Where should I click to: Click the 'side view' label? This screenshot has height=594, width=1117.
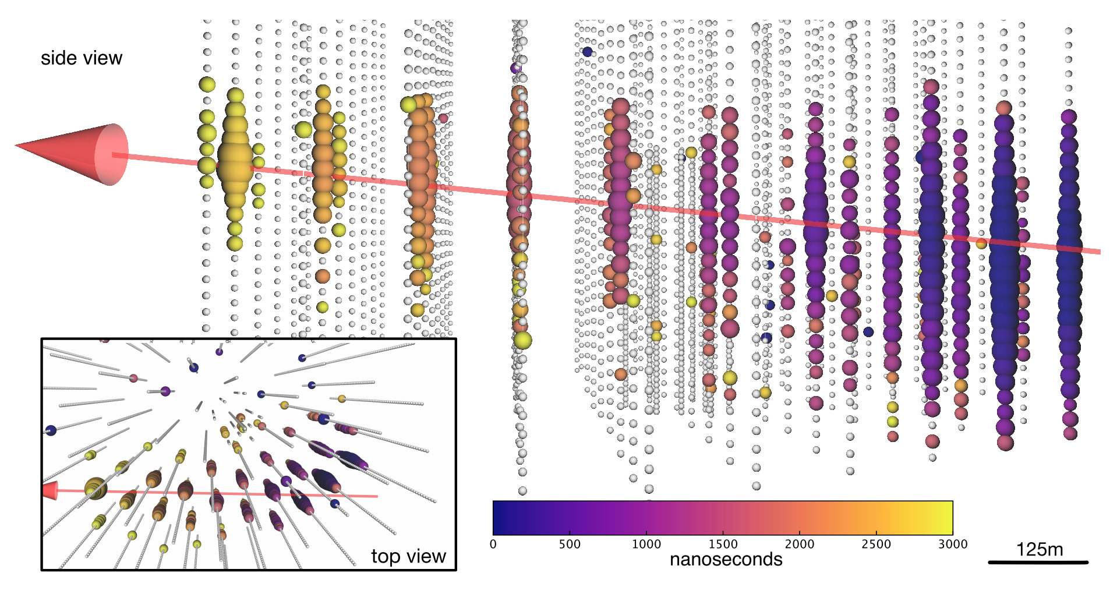coord(82,58)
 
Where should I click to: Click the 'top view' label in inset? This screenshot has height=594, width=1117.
coord(408,556)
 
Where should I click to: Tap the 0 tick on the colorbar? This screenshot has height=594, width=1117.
coord(493,544)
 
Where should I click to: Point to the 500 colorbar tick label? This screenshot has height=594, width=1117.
coord(570,544)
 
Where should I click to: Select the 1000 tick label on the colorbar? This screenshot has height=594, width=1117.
coord(646,544)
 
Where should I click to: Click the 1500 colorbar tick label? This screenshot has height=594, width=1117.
coord(723,544)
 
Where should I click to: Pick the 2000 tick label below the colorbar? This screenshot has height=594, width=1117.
coord(800,544)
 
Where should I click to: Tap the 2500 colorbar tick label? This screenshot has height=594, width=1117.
coord(876,544)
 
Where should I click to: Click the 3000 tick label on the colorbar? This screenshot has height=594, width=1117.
coord(953,544)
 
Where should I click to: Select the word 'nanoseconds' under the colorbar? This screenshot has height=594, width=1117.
coord(726,560)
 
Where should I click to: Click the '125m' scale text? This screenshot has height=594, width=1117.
coord(1040,550)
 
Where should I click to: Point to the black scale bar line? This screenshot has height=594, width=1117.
coord(1038,563)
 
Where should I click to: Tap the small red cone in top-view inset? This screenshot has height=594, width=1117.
coord(50,490)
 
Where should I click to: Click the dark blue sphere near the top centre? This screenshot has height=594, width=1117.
coord(587,52)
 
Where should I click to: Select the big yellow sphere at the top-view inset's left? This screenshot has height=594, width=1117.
coord(96,488)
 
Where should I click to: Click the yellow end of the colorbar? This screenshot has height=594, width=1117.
coord(943,518)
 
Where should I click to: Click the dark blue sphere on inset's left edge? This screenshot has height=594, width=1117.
coord(51,430)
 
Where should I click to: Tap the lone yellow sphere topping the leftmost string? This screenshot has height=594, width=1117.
coord(207,84)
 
